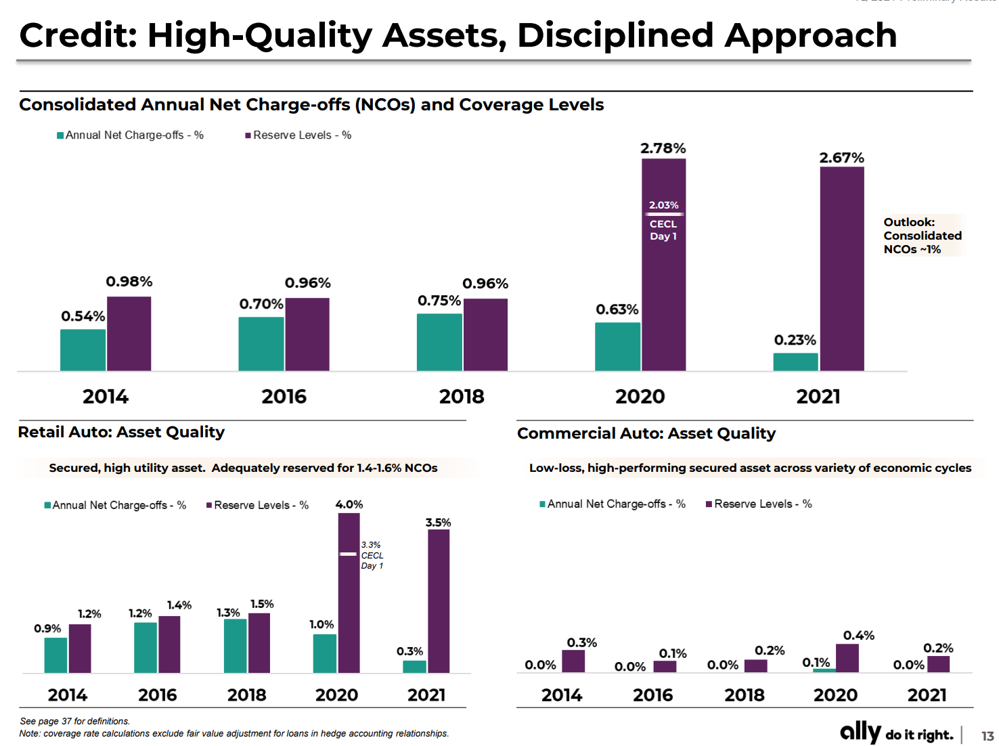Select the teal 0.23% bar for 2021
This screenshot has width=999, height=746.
795,362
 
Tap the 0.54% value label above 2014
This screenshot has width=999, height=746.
83,316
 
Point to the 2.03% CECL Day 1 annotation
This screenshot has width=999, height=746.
663,220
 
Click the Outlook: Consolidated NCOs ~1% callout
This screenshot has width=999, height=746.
922,236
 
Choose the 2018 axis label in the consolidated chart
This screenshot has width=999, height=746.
462,397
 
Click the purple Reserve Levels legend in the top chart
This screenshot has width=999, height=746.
298,135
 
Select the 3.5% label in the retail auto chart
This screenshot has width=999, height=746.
438,523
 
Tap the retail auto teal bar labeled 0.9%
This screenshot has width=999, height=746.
56,655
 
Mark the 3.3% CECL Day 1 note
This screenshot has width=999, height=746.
372,555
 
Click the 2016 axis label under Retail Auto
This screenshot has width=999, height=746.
158,695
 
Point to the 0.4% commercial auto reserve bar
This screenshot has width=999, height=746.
847,658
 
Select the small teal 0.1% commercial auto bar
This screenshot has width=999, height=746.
824,670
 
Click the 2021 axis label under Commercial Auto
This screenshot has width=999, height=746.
927,695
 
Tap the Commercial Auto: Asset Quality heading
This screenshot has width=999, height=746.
646,433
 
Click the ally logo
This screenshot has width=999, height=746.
860,732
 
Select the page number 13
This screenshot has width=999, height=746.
987,736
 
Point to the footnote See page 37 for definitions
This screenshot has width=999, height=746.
74,721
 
